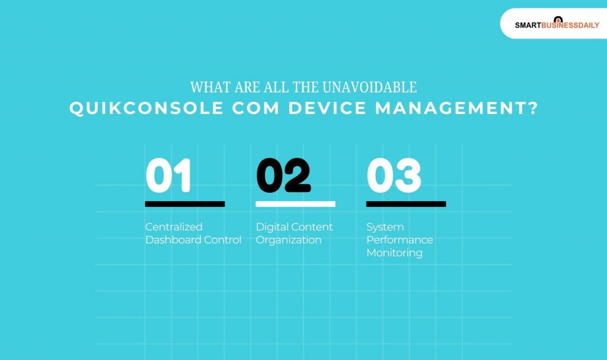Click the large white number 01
point(169,176)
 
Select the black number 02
point(283,176)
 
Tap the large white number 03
point(394,176)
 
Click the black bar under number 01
point(185,204)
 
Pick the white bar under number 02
point(295,204)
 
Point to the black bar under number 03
point(406,204)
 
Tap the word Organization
point(289,240)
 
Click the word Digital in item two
point(270,227)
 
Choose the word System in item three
point(385,227)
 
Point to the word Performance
point(400,240)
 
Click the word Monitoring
point(394,253)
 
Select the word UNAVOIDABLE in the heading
point(370,87)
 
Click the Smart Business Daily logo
point(557,24)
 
